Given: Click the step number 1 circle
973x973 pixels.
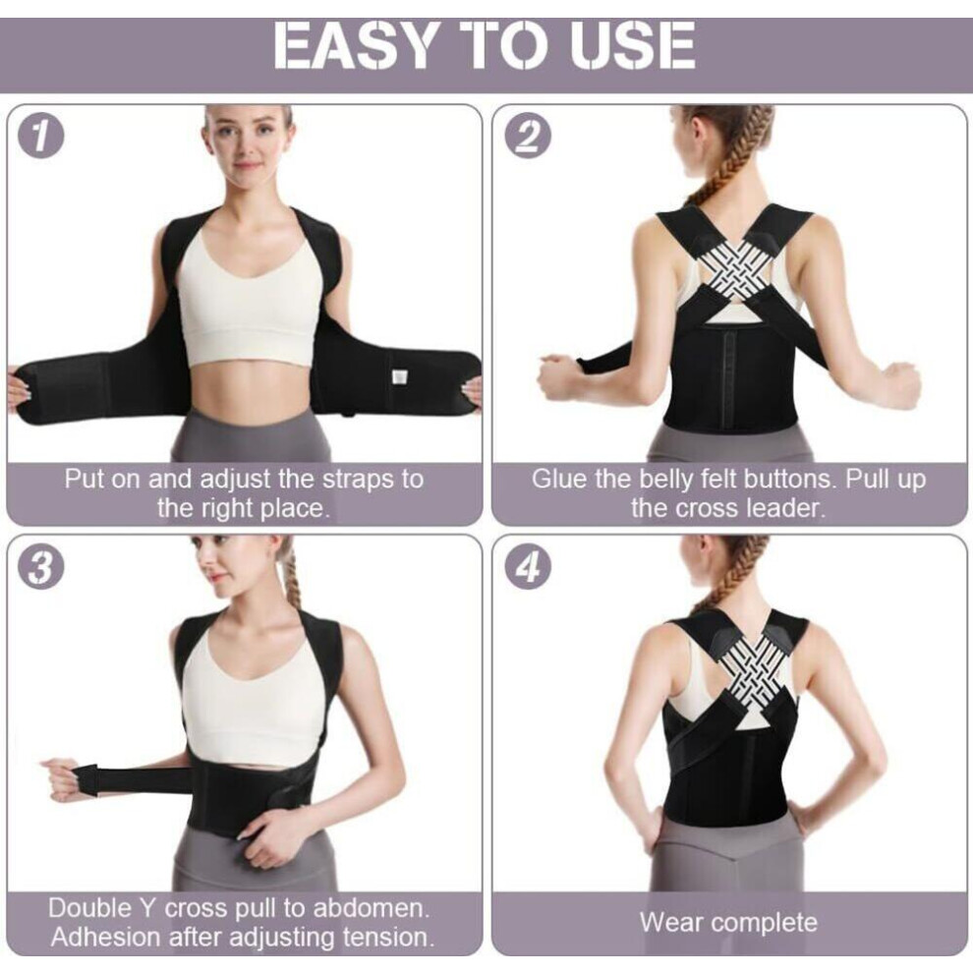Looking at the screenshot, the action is point(40,138).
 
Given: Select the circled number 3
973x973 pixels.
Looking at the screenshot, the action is point(40,567).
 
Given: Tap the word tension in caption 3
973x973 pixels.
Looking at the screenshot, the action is point(384,937).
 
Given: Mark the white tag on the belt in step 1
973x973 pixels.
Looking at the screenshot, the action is point(398,378).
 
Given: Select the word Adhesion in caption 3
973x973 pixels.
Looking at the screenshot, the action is point(105,937).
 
